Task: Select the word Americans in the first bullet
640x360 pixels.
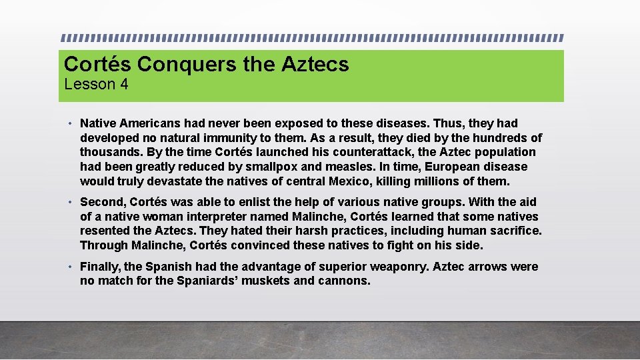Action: click(x=148, y=123)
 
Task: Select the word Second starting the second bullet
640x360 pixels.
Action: click(x=103, y=202)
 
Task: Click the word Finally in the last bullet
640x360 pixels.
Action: click(x=100, y=267)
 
